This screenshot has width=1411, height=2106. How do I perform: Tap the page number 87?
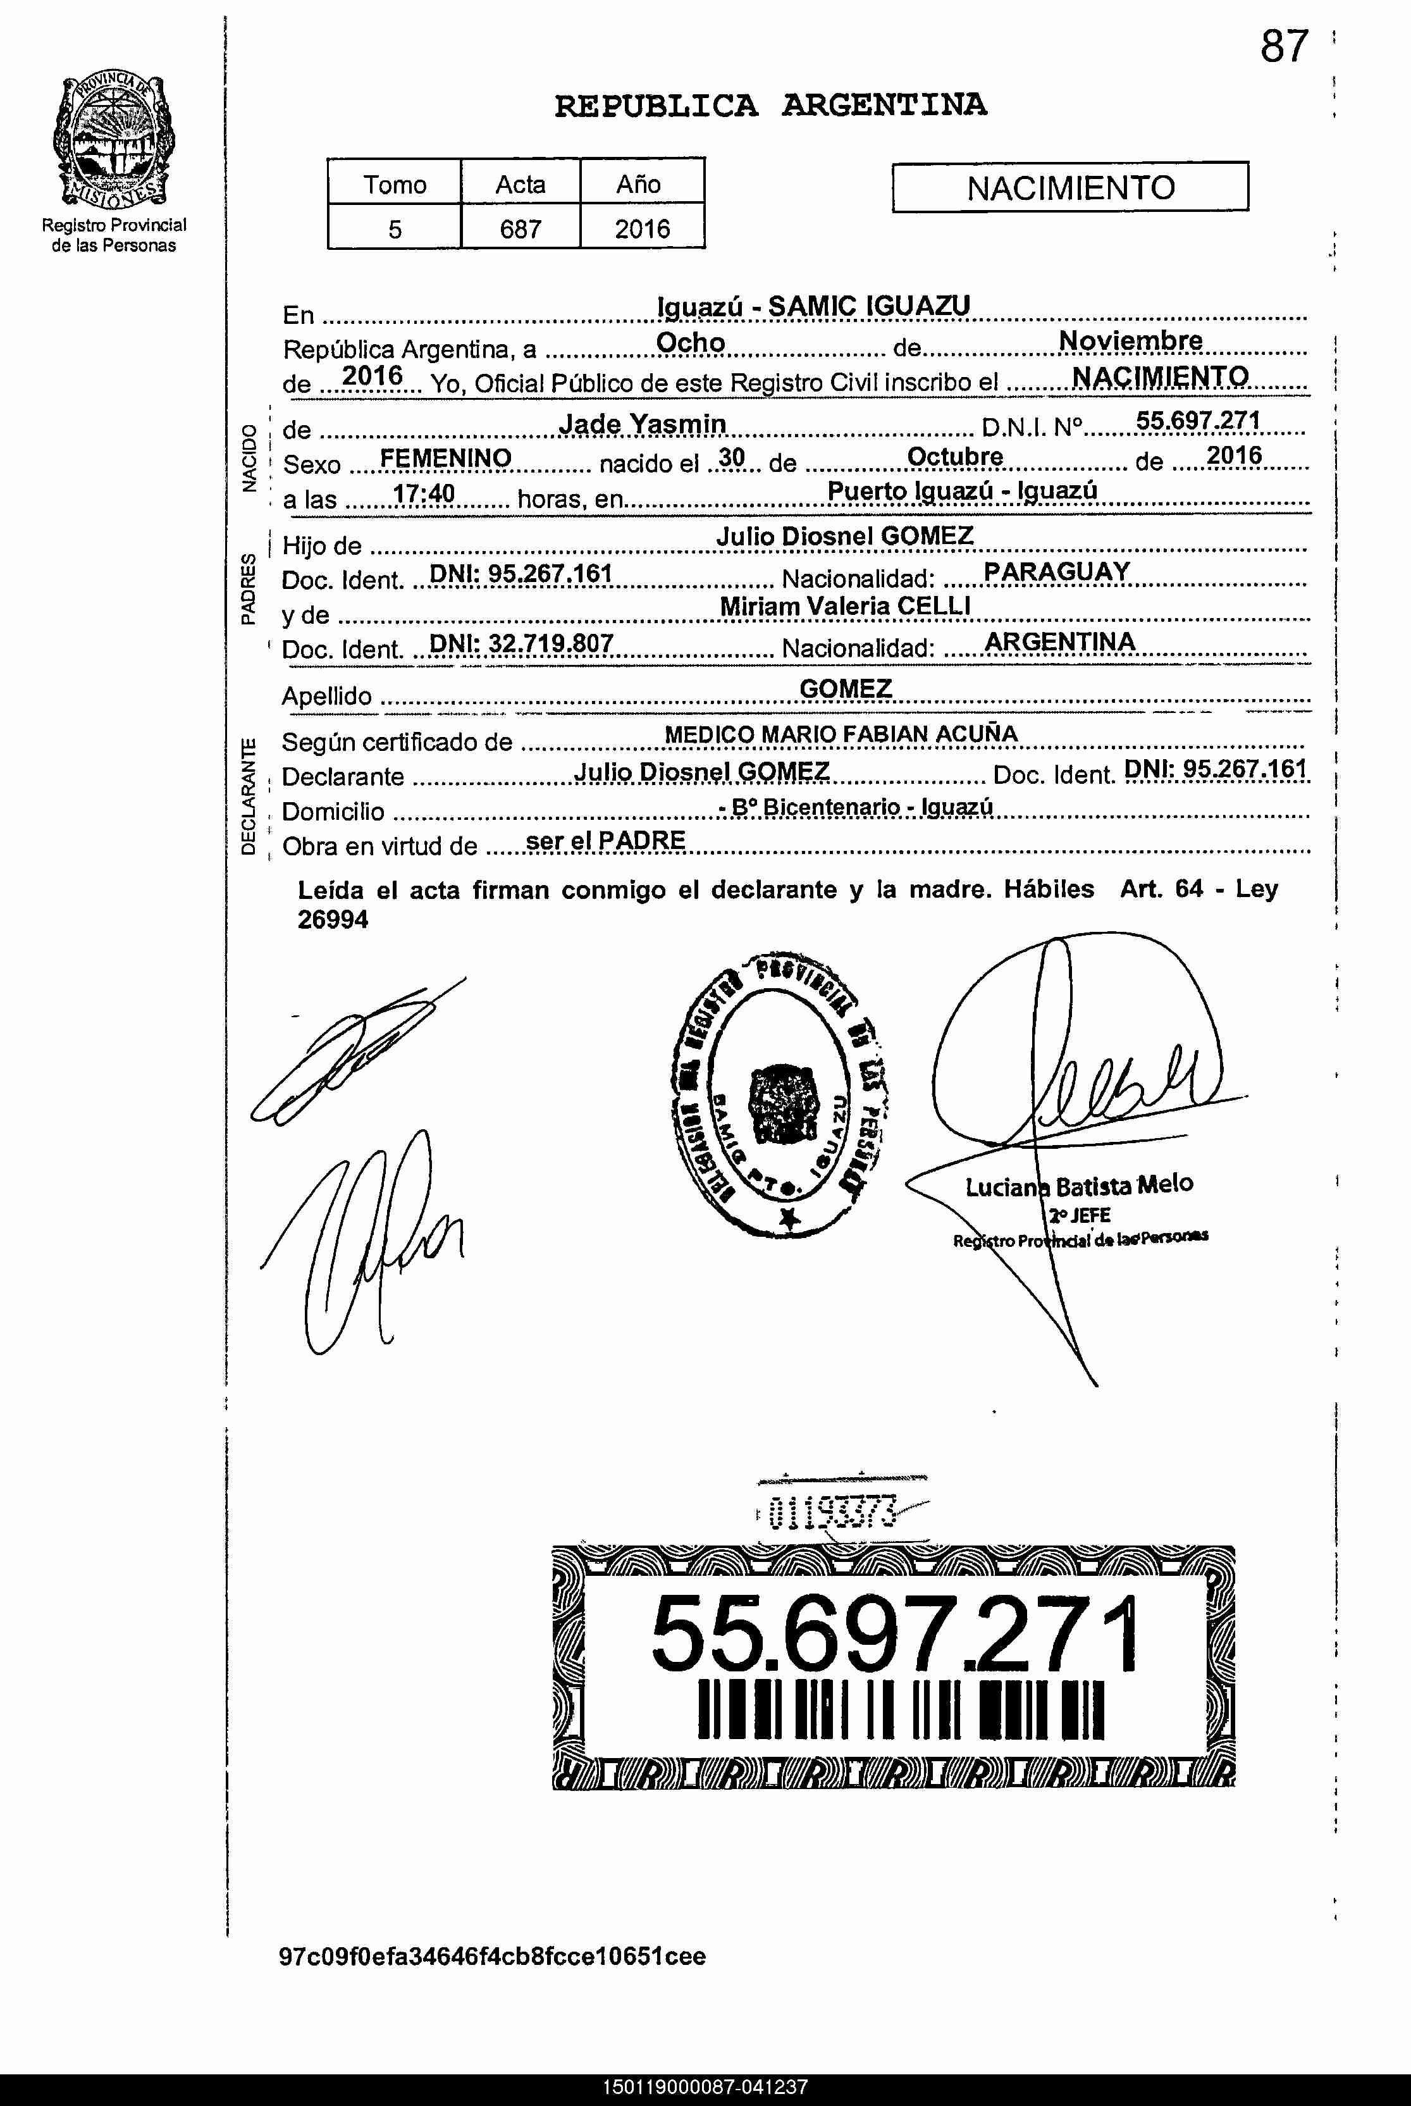1284,47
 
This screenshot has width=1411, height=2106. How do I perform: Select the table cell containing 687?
520,228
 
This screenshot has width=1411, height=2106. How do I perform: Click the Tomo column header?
394,185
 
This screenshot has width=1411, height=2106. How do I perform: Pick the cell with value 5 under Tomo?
394,228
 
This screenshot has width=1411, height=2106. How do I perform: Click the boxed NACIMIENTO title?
1070,187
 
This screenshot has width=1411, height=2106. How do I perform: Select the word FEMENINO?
445,458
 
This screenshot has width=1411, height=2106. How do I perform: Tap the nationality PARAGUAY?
1056,571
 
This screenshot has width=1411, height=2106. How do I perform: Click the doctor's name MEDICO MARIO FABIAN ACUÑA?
841,734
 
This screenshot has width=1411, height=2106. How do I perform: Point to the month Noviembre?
1130,340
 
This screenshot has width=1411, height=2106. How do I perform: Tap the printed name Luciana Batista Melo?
1079,1186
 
